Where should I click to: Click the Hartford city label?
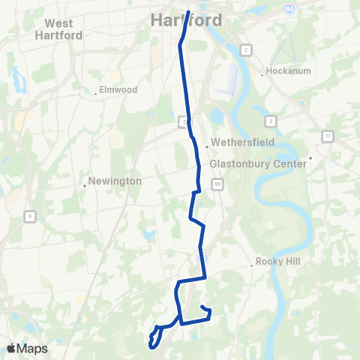tap(187, 19)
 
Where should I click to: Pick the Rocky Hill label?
tap(278, 262)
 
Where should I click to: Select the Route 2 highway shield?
tap(245, 49)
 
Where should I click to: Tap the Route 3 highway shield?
tap(270, 121)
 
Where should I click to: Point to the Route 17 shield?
tap(328, 136)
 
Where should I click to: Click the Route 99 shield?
tap(217, 183)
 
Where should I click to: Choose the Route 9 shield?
tap(29, 217)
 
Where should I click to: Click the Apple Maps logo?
tap(27, 348)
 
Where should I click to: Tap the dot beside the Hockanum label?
tap(262, 74)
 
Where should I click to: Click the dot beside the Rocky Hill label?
tap(252, 265)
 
